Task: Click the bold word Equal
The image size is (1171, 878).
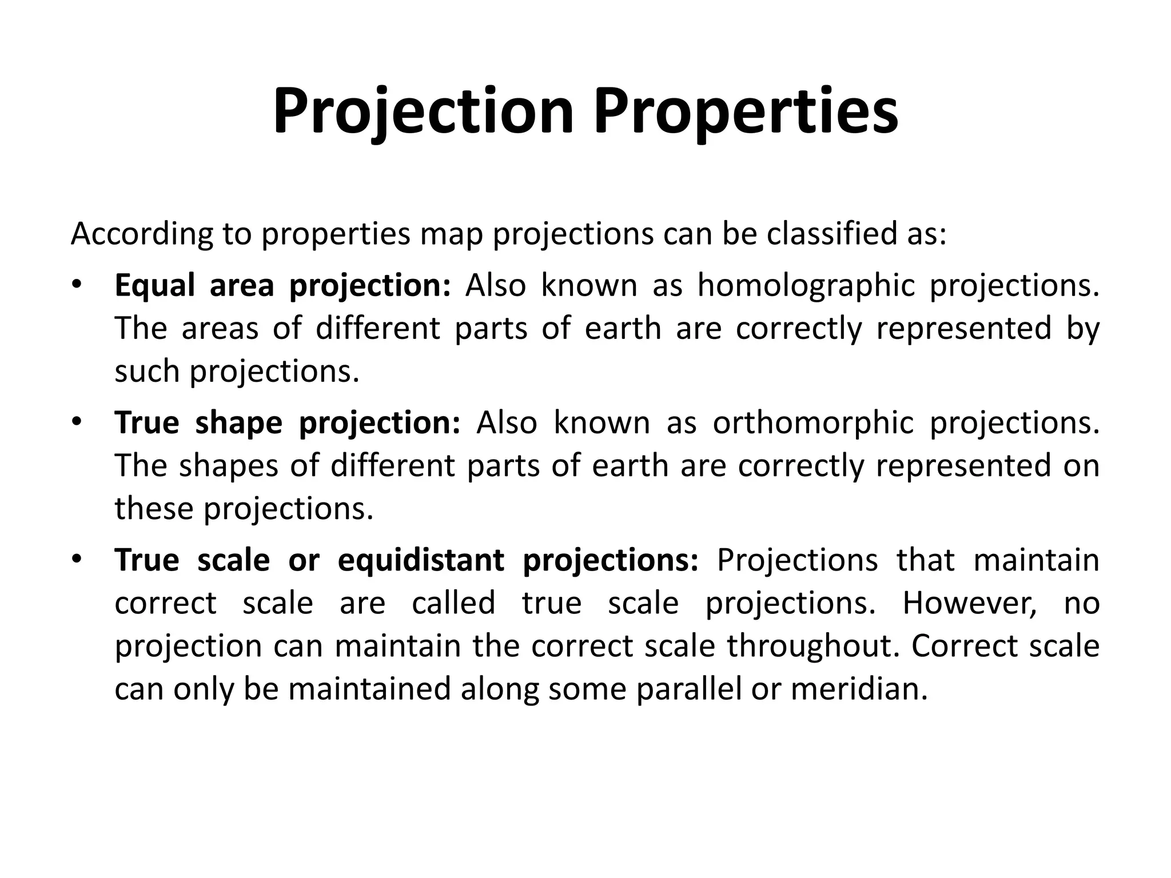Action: (155, 285)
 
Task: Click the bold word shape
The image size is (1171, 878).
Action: (238, 423)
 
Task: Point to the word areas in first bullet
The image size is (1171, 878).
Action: (220, 329)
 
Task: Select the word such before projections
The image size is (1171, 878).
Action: (147, 372)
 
